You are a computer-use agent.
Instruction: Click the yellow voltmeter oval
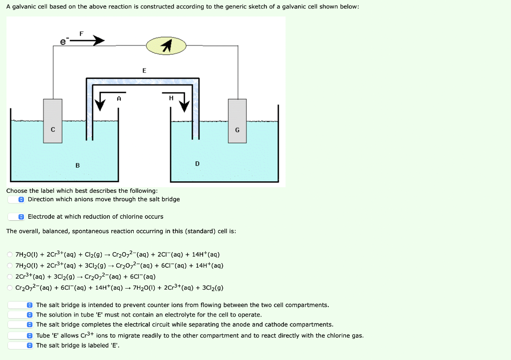tap(166, 46)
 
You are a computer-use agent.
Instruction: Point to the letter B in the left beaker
tap(77, 165)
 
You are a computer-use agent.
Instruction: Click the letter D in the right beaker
tap(197, 163)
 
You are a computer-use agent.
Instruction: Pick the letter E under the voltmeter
tap(144, 70)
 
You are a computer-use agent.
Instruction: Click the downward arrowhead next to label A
tap(100, 105)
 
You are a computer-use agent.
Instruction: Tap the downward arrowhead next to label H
tap(185, 105)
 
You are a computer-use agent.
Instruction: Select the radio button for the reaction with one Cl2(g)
tap(10, 255)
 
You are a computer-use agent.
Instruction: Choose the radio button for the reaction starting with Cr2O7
tap(10, 288)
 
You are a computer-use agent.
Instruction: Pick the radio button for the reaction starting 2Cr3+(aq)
tap(10, 277)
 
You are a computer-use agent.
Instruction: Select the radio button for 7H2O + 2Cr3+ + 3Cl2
tap(10, 266)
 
